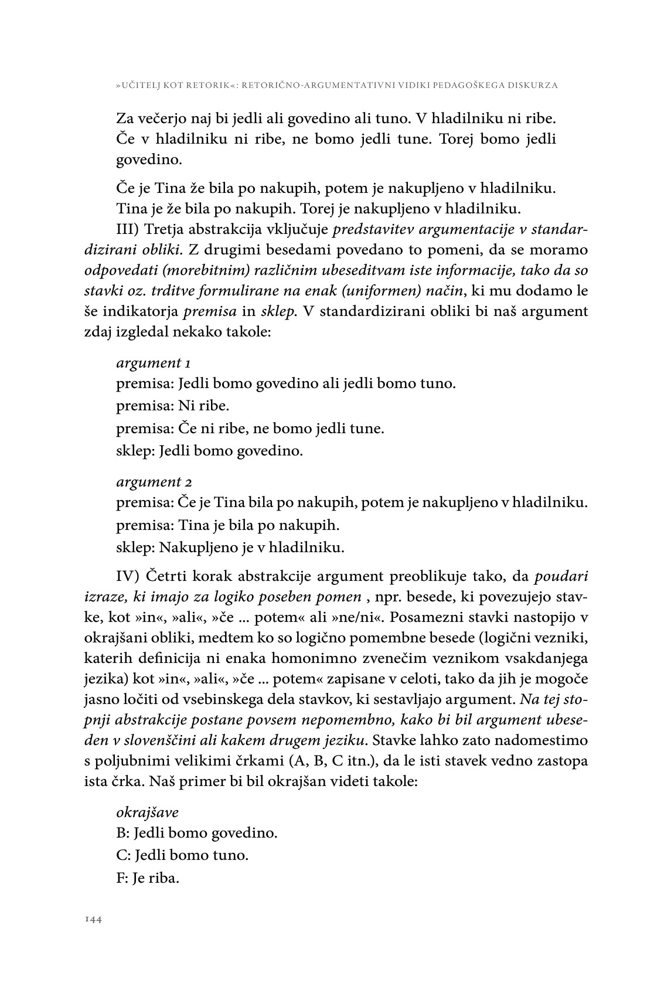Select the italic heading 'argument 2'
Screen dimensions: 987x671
point(154,482)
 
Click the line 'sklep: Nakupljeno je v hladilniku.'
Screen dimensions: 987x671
point(230,548)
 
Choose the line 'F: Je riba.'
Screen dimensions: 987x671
point(147,879)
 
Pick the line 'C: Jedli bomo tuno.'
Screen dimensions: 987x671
point(182,855)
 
